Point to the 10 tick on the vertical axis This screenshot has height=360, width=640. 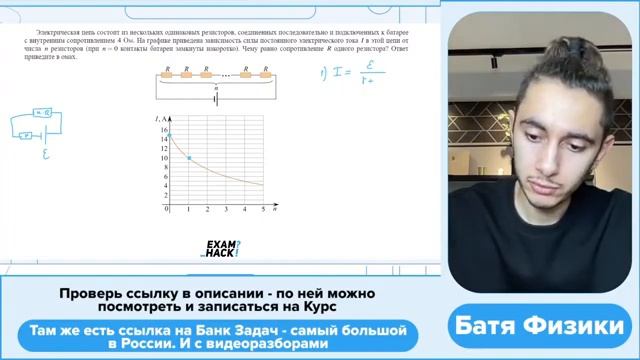coord(162,158)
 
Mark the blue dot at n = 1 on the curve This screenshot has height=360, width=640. coord(188,158)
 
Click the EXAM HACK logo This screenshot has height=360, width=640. coord(221,249)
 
